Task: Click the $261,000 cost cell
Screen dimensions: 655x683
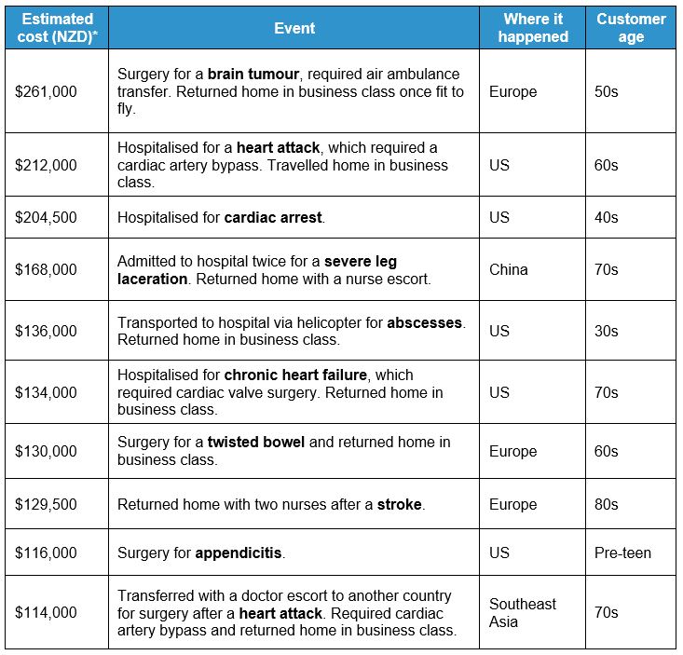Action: click(x=46, y=91)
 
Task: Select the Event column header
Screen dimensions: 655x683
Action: click(x=294, y=28)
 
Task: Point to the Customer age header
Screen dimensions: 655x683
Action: click(x=631, y=28)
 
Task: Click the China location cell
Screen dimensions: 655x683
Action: click(x=508, y=269)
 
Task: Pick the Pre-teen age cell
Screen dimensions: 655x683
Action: click(x=622, y=553)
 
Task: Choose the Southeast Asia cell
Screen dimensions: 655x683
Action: click(x=522, y=612)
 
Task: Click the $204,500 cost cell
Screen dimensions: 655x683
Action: click(x=46, y=217)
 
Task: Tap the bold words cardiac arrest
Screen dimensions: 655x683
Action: click(x=273, y=217)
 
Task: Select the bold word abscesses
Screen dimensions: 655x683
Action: click(x=425, y=322)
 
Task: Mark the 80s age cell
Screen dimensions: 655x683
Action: click(x=606, y=504)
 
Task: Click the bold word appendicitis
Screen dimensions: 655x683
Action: click(x=238, y=553)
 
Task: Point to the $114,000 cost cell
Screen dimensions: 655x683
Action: click(x=46, y=612)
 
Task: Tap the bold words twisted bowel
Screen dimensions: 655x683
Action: click(x=255, y=442)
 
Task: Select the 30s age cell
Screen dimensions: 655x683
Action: click(x=606, y=331)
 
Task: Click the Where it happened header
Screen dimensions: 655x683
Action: click(x=533, y=28)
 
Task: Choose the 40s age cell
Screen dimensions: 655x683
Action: click(x=606, y=217)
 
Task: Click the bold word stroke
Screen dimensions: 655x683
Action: click(x=399, y=504)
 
